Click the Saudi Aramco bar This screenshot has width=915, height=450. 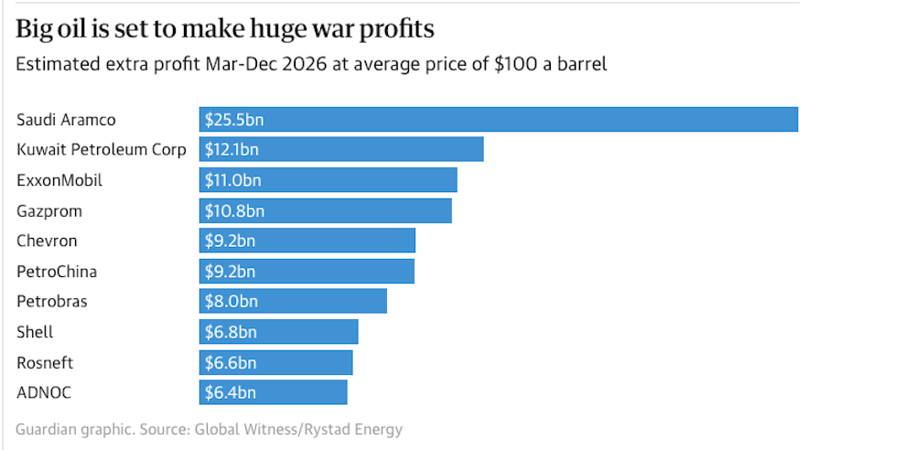[499, 119]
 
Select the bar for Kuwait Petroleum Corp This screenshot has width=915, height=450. [341, 149]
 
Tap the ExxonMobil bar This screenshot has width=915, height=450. [328, 180]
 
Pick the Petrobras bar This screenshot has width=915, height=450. [293, 301]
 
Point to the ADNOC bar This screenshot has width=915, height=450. [274, 392]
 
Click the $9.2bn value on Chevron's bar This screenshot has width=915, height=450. [230, 241]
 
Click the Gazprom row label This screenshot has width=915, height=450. [49, 211]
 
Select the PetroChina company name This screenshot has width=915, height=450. [57, 272]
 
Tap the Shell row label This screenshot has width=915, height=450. [35, 332]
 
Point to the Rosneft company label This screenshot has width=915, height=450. [45, 362]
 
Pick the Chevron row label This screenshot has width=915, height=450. [47, 241]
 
